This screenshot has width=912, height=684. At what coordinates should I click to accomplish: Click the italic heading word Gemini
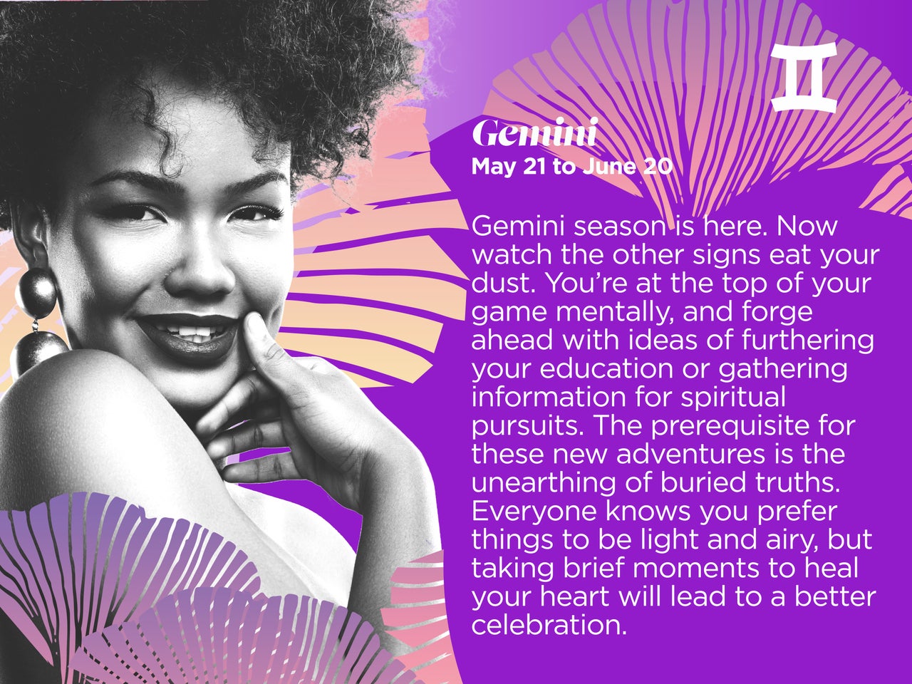[535, 133]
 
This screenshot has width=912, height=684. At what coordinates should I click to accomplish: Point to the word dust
[503, 284]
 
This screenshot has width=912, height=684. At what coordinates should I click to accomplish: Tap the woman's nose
[199, 274]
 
